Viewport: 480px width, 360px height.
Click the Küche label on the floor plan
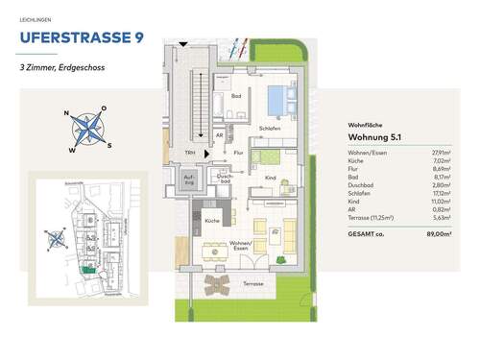click(211, 222)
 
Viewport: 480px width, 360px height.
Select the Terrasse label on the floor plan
click(252, 284)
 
